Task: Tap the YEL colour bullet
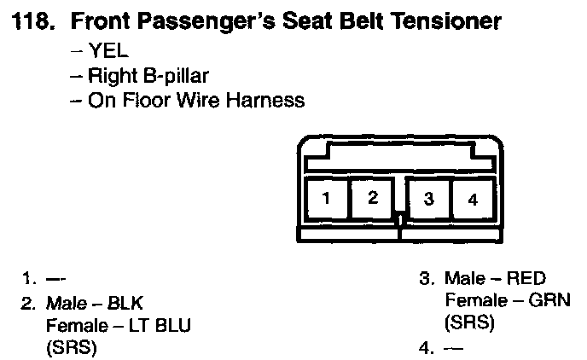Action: pyautogui.click(x=109, y=50)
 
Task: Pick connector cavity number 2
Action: pyautogui.click(x=373, y=199)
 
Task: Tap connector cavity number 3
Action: pyautogui.click(x=429, y=200)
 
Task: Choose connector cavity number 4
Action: pyautogui.click(x=474, y=200)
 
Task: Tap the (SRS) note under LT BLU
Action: pyautogui.click(x=71, y=347)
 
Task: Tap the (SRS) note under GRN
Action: pyautogui.click(x=469, y=323)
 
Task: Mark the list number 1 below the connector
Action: pyautogui.click(x=29, y=279)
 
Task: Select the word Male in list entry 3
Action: pyautogui.click(x=464, y=279)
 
